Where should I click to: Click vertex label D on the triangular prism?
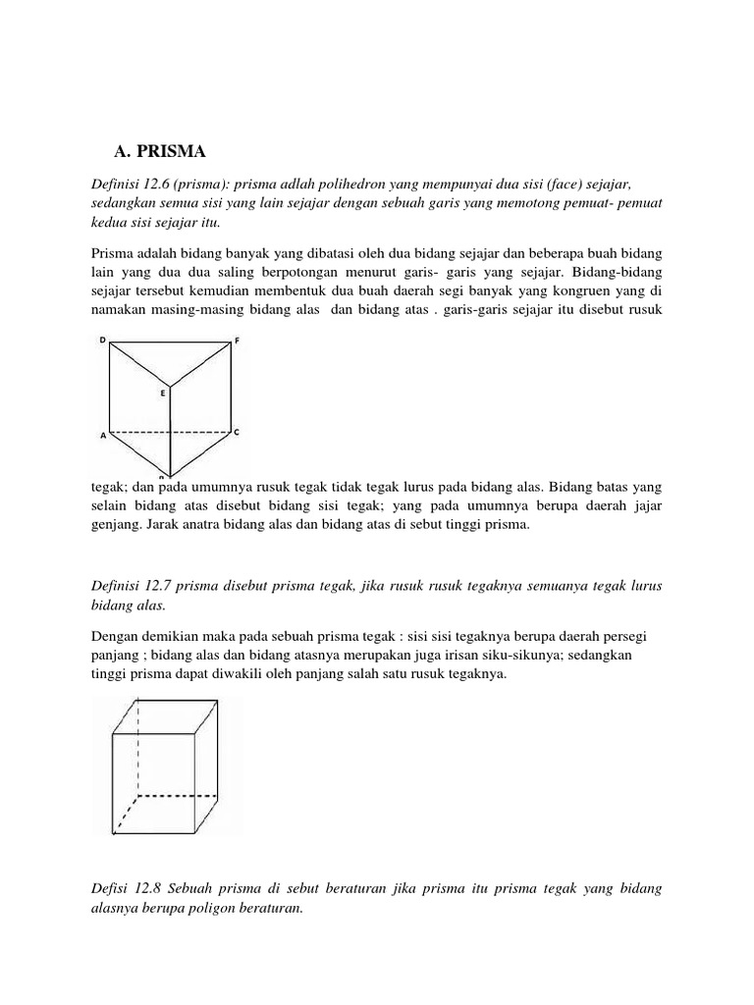(102, 340)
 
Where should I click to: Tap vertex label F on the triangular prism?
(236, 342)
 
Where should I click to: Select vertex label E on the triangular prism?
(164, 393)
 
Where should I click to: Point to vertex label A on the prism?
(102, 439)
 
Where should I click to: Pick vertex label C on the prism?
(236, 432)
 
